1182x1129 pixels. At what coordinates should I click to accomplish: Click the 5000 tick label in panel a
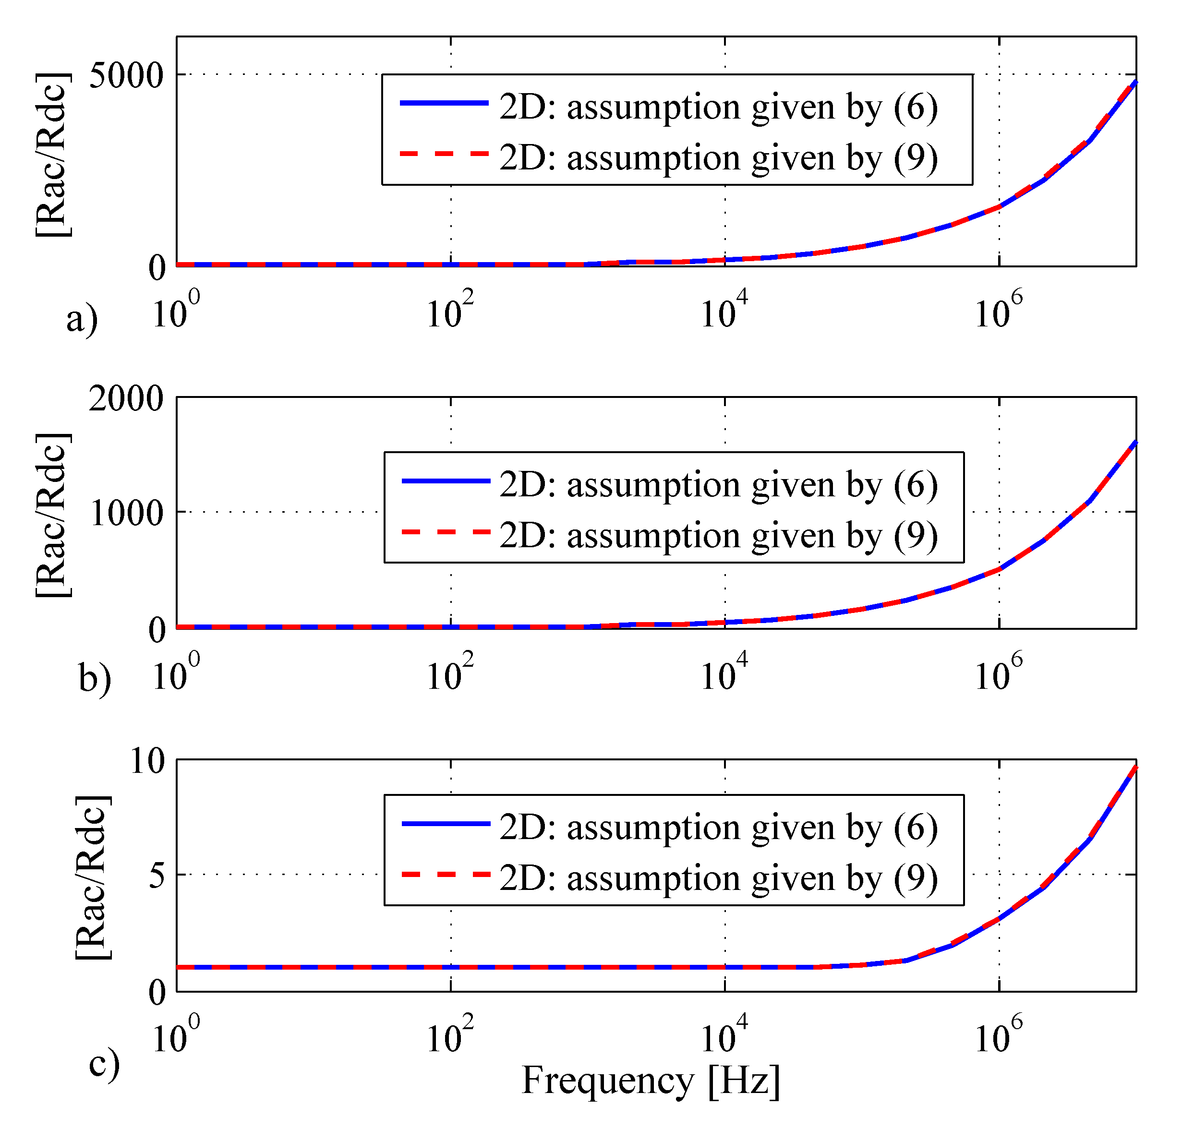[x=126, y=76]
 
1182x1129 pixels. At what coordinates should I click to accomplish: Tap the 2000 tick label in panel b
[x=126, y=398]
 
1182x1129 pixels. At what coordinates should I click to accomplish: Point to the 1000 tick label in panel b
[x=126, y=513]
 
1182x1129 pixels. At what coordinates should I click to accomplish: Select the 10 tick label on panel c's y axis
[x=147, y=761]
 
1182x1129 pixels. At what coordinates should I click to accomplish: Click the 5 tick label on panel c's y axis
[x=156, y=875]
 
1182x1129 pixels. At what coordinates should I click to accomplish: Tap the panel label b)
[x=95, y=678]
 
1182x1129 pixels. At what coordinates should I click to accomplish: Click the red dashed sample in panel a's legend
[x=444, y=154]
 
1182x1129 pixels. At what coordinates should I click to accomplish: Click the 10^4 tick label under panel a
[x=724, y=311]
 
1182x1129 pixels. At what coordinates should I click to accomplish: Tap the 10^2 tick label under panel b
[x=449, y=674]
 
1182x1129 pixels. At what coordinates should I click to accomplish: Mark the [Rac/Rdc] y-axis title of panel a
[x=52, y=155]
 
